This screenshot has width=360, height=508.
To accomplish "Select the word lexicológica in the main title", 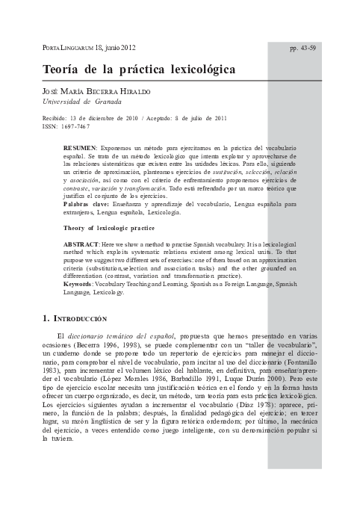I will pyautogui.click(x=196, y=69).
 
